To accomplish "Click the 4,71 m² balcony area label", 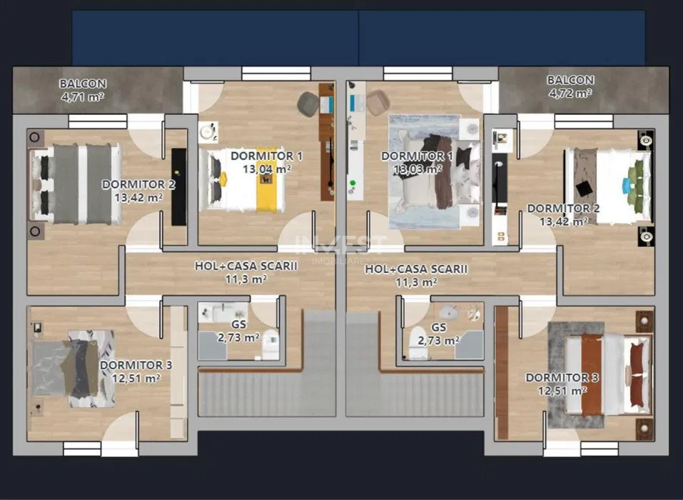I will click(x=83, y=96).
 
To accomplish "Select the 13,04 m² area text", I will click(x=266, y=169).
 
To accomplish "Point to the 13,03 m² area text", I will click(x=418, y=169).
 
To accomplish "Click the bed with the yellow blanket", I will click(x=246, y=180).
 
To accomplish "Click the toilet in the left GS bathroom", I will click(x=270, y=346).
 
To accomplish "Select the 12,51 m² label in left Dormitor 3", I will click(x=136, y=379).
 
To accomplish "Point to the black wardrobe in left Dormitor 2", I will click(x=178, y=186).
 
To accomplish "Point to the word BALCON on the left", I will click(x=83, y=83).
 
